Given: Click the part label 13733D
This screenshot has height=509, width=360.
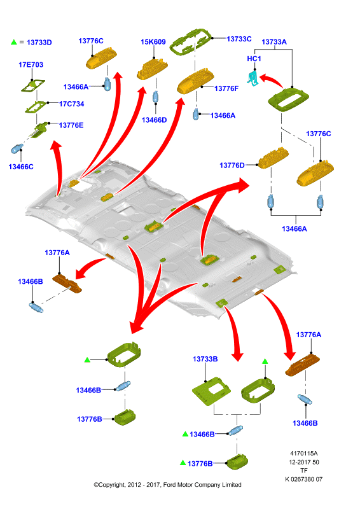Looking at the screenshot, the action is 39,43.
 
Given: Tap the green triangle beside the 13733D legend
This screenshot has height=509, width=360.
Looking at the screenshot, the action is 13,42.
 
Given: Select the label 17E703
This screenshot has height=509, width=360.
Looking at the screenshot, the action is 31,65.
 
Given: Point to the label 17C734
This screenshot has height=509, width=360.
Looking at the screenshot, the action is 72,104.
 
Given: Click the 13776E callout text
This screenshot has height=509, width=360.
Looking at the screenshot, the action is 71,125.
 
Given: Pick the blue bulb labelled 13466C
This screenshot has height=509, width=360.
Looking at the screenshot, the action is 17,149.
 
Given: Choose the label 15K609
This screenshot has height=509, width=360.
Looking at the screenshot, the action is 153,42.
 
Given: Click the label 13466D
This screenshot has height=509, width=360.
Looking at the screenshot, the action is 154,120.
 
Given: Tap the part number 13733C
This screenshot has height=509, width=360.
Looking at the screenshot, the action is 239,39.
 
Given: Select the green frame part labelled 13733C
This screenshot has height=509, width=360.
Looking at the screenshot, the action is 191,41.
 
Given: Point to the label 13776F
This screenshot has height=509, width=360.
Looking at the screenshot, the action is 226,88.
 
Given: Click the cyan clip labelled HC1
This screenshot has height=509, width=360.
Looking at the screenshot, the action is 254,79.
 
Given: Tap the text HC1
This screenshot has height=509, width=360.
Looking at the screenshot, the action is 254,59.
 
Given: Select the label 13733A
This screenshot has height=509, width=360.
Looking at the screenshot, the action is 274,42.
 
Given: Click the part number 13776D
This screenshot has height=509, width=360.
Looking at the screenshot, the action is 232,165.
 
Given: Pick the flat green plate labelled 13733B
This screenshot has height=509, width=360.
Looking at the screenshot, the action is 211,391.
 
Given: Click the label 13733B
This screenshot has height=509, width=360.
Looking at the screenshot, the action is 205,359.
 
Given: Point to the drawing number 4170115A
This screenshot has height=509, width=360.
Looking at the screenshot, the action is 304,453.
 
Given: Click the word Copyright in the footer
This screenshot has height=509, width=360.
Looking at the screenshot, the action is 112,485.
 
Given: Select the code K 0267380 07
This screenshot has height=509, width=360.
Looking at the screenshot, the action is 304,479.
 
